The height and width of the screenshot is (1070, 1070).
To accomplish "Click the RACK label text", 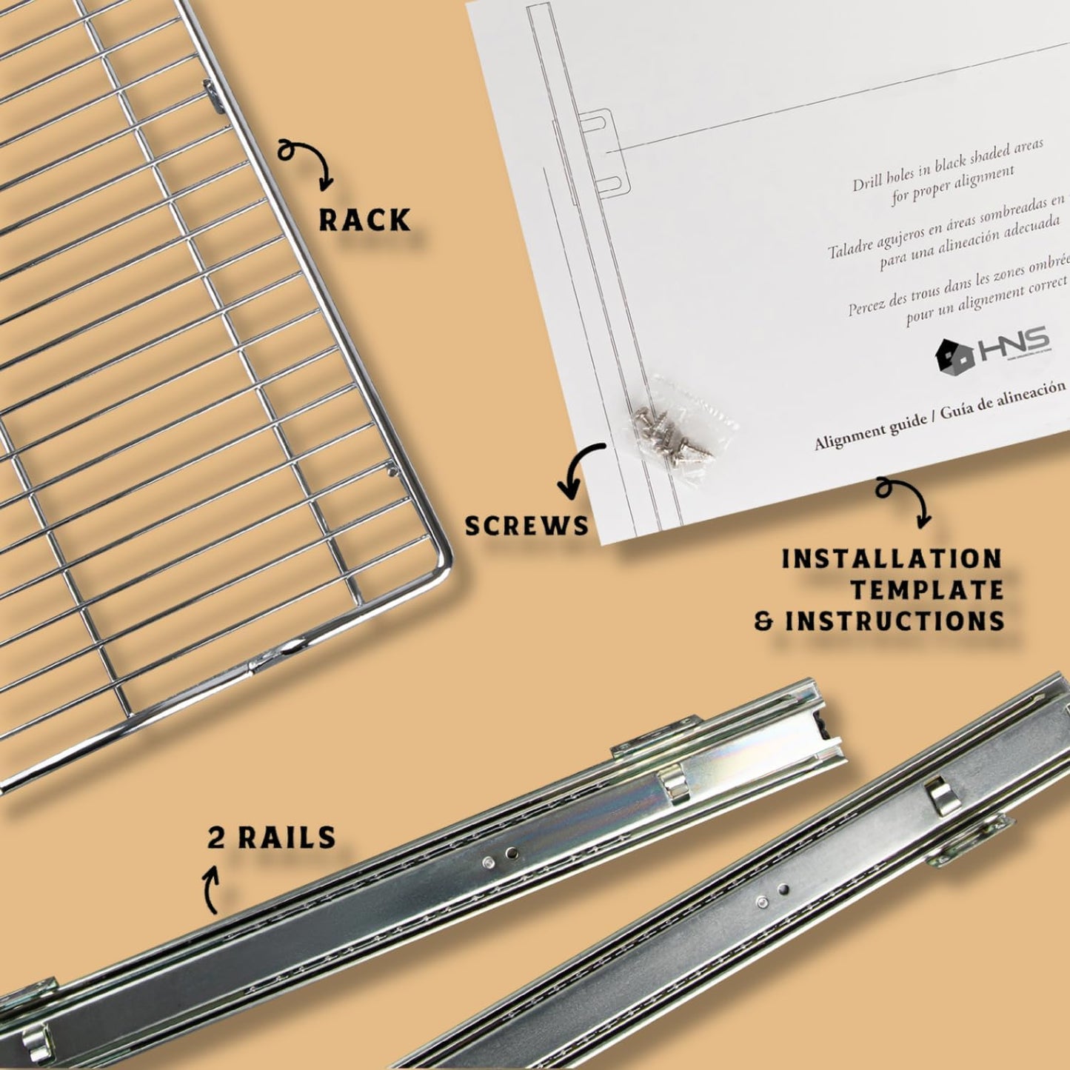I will pyautogui.click(x=364, y=220).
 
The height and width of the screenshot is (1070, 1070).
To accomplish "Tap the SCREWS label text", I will pyautogui.click(x=526, y=526).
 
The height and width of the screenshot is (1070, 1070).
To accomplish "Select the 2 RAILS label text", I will pyautogui.click(x=272, y=837).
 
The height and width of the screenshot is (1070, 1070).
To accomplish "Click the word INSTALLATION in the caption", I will pyautogui.click(x=892, y=559).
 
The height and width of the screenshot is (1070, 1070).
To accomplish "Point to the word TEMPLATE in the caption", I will pyautogui.click(x=926, y=590).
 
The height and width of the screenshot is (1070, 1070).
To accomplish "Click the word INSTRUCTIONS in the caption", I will pyautogui.click(x=895, y=621).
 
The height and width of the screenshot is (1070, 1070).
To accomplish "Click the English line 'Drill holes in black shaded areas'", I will pyautogui.click(x=948, y=163).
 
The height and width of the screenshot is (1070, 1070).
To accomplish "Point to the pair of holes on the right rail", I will pyautogui.click(x=772, y=894).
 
